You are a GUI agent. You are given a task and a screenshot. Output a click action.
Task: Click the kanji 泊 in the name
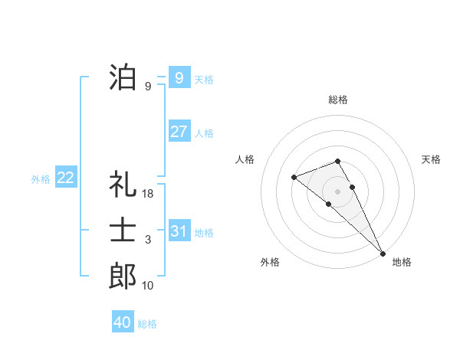123,78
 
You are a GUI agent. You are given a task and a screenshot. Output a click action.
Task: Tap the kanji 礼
123,185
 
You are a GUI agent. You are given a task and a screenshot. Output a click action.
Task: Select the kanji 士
123,231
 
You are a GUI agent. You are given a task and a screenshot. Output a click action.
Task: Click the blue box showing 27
179,132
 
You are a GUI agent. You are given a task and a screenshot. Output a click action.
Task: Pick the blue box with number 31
179,231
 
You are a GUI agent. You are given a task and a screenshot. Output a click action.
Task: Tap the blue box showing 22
65,178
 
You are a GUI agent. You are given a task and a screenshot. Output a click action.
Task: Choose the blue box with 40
122,322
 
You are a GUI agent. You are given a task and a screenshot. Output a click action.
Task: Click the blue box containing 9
179,78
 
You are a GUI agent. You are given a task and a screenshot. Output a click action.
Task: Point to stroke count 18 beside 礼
149,195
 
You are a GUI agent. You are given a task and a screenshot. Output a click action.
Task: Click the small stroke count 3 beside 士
148,241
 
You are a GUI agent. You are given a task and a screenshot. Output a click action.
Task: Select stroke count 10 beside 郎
148,286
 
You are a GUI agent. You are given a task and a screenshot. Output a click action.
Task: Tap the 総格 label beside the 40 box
147,324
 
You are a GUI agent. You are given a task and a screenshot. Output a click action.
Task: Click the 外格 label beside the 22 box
41,179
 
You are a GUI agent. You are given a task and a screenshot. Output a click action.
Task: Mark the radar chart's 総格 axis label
338,100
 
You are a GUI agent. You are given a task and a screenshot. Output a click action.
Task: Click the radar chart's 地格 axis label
402,262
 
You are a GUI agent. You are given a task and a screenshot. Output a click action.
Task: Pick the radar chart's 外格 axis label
270,262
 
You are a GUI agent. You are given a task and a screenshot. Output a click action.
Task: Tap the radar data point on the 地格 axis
382,252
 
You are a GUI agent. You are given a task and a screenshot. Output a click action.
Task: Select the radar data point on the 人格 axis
294,177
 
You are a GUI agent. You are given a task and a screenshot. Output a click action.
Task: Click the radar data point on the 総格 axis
337,161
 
